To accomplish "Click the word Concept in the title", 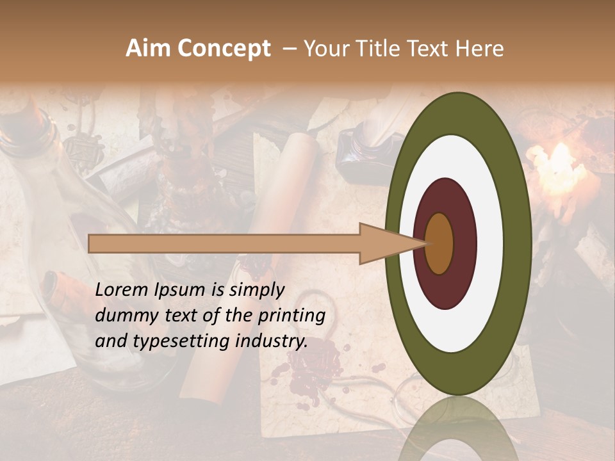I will pos(224,49).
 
